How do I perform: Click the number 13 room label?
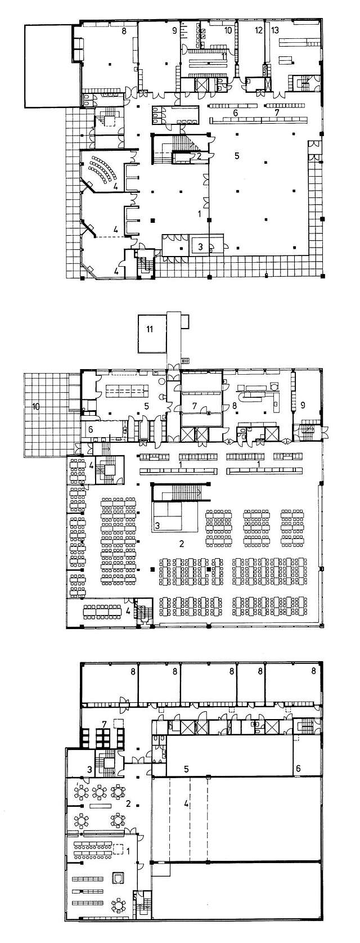(x=275, y=30)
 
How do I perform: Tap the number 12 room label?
(x=258, y=30)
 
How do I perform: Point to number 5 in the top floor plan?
(x=237, y=155)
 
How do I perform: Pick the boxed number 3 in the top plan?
(x=200, y=246)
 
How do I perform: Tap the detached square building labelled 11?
(x=150, y=329)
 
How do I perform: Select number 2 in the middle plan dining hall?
(x=182, y=544)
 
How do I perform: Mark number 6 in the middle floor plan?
(x=91, y=429)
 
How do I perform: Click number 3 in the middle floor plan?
(x=158, y=526)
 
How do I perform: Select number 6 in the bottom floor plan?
(x=298, y=769)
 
